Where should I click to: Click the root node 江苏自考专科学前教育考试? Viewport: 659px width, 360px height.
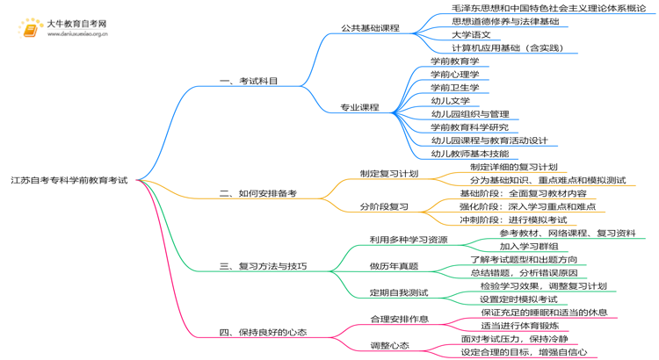[69, 180]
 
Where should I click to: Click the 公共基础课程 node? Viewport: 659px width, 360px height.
[370, 28]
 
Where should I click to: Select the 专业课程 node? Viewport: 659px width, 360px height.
[360, 107]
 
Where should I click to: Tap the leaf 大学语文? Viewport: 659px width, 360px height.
[471, 34]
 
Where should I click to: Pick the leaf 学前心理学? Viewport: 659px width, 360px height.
[454, 75]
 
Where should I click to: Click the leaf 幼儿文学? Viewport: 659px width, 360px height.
[450, 101]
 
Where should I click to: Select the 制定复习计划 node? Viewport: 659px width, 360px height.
[389, 174]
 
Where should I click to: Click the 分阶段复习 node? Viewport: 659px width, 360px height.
[384, 207]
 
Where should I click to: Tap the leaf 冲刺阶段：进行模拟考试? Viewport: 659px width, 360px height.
[513, 220]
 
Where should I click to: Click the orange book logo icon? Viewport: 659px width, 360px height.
[31, 28]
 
